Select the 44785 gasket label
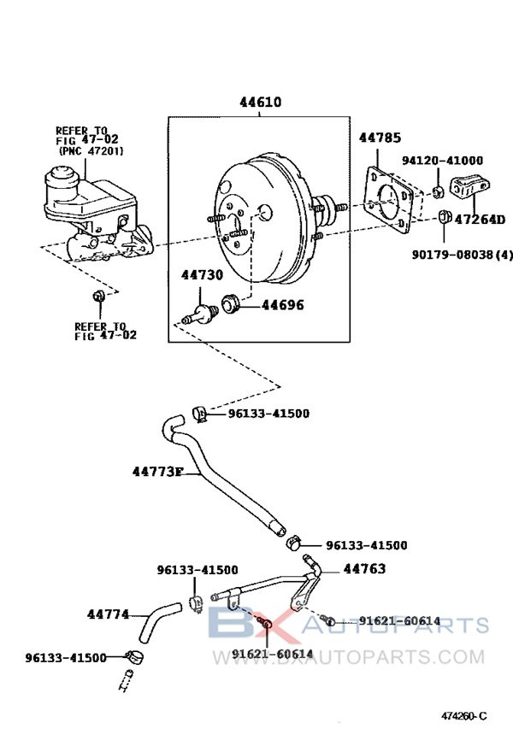pos(380,137)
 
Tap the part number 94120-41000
pos(442,160)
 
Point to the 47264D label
pos(480,220)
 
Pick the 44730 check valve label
pos(202,274)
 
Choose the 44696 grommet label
pos(282,304)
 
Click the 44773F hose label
pos(158,471)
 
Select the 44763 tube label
pos(364,568)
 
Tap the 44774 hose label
pos(108,614)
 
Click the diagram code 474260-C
pos(463,715)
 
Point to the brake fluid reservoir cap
pos(65,178)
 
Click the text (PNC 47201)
pos(91,150)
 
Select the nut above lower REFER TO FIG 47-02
pos(98,297)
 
